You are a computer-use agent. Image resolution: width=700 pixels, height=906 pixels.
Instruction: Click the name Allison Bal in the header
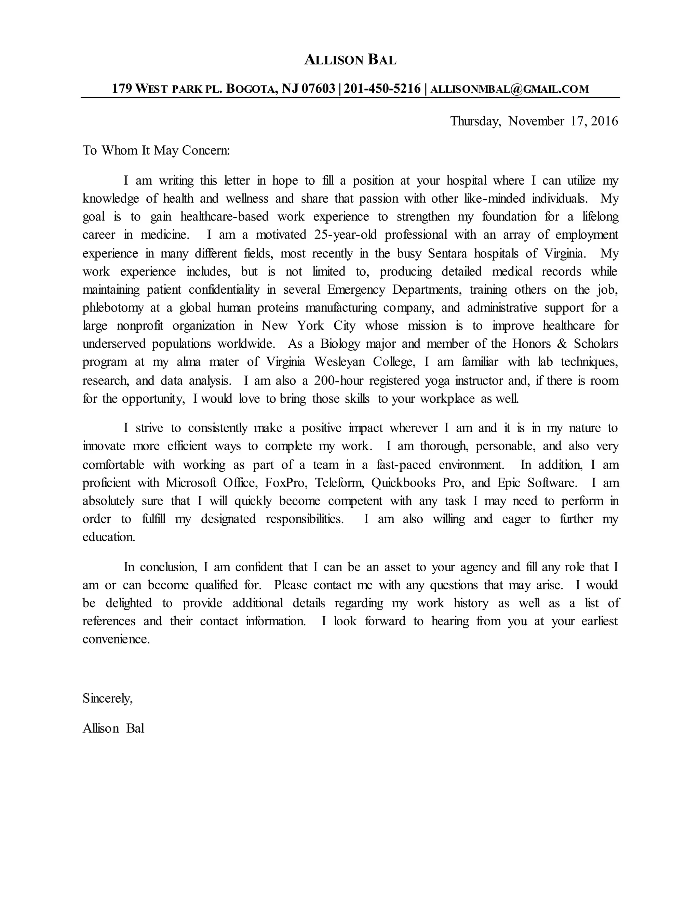click(350, 60)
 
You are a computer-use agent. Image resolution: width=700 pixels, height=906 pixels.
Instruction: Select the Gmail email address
click(509, 89)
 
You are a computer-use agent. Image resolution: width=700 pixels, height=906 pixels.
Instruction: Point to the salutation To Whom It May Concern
click(156, 150)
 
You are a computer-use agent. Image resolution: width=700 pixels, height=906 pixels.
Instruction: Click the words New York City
click(309, 325)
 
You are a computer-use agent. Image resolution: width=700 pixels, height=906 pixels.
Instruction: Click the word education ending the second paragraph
click(109, 537)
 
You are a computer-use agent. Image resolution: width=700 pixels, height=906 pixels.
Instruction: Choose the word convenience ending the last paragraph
click(116, 639)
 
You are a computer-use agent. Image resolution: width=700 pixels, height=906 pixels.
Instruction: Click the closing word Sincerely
click(107, 698)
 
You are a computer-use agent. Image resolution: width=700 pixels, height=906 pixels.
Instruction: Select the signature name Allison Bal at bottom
click(113, 729)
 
